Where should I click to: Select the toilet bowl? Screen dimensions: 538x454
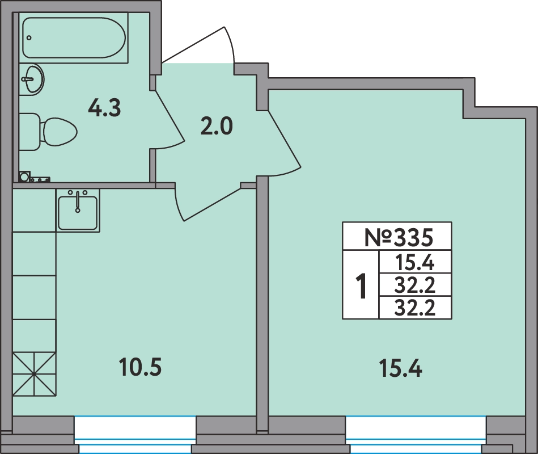tap(58, 132)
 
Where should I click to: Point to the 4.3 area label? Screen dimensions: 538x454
tap(104, 108)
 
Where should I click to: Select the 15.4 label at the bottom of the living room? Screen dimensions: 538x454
tap(400, 368)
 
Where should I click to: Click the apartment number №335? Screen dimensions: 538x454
tap(398, 237)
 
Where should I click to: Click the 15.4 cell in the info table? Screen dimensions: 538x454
tap(414, 263)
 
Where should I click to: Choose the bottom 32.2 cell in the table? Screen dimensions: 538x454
tap(414, 308)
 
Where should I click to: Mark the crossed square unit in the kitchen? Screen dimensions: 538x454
tap(35, 374)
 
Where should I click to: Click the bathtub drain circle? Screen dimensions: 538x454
tap(29, 38)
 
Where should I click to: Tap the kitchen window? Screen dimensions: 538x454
tap(135, 434)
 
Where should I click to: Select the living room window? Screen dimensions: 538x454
tap(416, 434)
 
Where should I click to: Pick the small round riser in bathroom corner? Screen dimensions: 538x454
tap(24, 177)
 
